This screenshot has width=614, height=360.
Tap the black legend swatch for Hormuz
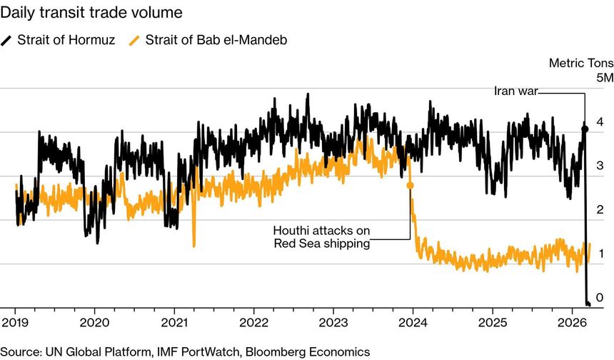(x=6, y=40)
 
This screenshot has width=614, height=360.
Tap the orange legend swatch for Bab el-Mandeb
(x=134, y=40)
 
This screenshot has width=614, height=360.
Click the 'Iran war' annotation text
(x=515, y=91)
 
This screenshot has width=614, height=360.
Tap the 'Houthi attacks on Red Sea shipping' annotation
(x=321, y=237)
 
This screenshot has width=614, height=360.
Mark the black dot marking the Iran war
(x=585, y=129)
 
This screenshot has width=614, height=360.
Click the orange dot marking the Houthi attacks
(x=411, y=185)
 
